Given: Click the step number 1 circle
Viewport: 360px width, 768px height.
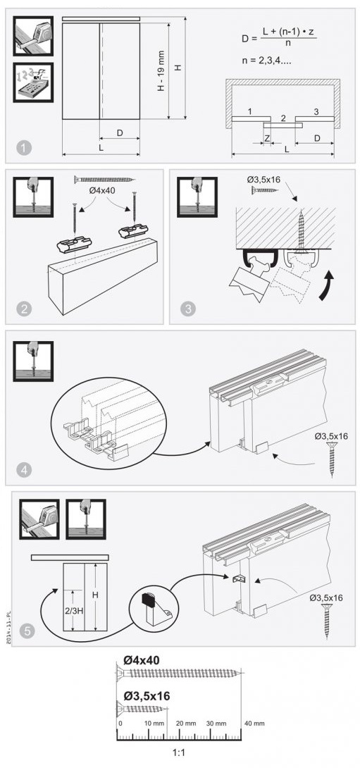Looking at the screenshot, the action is coord(23,147).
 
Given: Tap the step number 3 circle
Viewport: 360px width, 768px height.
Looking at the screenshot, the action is coord(188,309).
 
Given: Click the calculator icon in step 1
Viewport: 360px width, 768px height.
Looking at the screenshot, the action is coord(33,82).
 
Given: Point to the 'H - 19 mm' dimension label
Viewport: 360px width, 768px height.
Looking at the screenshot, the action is coord(161,70).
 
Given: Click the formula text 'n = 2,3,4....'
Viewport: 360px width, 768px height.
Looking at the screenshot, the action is coord(267,61).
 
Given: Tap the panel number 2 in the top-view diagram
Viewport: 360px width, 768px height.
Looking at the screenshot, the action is coord(283,118).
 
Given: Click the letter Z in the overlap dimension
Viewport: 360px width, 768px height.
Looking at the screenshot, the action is coord(266,139).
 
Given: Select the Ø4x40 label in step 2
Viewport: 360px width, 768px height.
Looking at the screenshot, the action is coord(102,190).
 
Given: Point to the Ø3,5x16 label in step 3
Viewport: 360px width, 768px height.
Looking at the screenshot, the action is coord(263,179).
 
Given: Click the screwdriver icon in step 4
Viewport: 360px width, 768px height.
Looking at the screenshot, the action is coord(33,361).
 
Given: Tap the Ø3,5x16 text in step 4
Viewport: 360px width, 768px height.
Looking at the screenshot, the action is coord(331,435).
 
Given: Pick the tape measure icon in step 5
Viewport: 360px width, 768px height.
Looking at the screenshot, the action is coord(39,519).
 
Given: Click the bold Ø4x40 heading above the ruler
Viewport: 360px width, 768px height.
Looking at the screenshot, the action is coord(142,659).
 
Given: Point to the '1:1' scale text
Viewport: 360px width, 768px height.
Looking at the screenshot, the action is coord(179,752).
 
